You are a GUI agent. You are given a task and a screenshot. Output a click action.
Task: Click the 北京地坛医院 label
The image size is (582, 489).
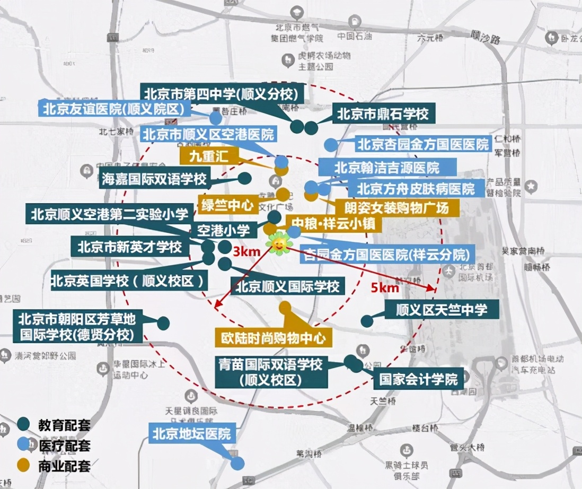(x=192, y=434)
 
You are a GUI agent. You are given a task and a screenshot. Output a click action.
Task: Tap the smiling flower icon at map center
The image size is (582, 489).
(x=279, y=244)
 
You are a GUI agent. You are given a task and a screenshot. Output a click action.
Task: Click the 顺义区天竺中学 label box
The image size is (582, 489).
(x=441, y=309)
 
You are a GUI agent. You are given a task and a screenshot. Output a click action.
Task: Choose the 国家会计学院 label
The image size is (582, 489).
(x=419, y=380)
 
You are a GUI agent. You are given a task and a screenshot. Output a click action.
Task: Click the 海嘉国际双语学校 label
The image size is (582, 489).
(x=154, y=179)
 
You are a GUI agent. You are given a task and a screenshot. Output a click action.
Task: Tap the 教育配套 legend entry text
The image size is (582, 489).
(x=64, y=425)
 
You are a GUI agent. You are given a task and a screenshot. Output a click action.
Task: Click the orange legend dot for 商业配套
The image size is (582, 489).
(x=23, y=466)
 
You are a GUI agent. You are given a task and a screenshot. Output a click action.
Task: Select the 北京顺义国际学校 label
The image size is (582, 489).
(x=287, y=287)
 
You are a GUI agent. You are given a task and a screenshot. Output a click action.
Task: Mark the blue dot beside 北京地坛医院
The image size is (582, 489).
(x=237, y=463)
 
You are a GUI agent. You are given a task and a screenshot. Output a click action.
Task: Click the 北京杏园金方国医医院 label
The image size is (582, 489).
(x=422, y=144)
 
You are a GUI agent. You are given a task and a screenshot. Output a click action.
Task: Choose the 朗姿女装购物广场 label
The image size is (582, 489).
(x=396, y=207)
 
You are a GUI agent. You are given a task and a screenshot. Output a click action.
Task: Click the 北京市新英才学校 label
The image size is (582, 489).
(x=130, y=247)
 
